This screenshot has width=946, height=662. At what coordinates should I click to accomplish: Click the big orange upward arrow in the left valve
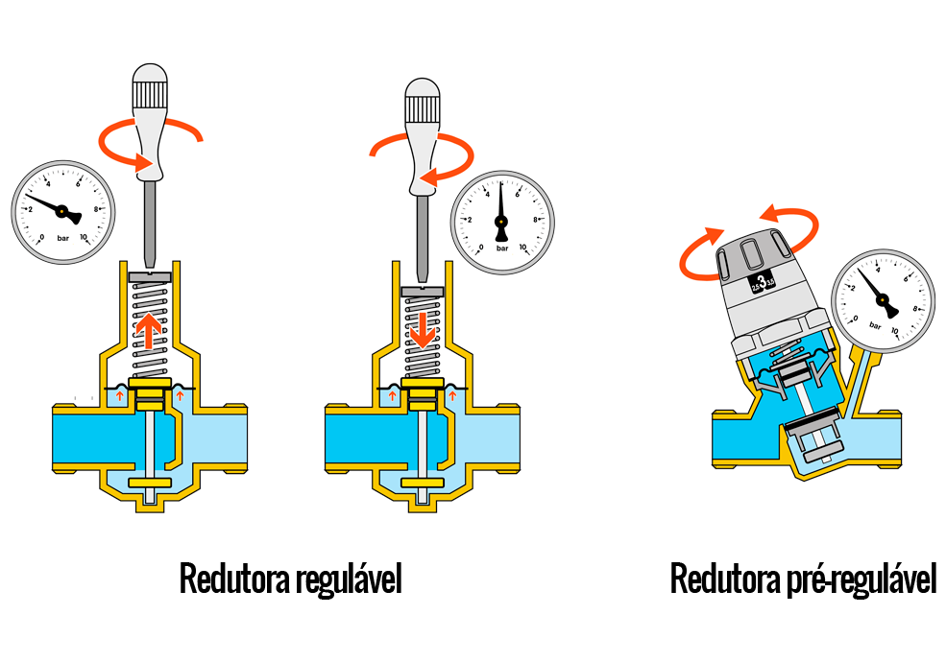[149, 331]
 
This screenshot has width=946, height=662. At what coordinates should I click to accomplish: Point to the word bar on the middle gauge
[501, 247]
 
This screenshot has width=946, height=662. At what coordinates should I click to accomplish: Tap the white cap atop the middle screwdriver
[423, 89]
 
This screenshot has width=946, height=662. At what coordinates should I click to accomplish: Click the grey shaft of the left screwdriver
[151, 221]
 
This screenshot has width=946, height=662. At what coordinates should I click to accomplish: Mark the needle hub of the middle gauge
[500, 223]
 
